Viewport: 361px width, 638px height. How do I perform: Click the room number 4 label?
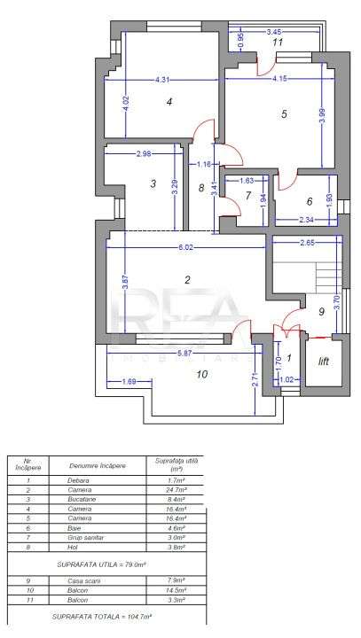click(169, 103)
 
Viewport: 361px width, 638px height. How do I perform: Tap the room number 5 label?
click(284, 114)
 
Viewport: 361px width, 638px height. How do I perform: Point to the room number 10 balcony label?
click(201, 375)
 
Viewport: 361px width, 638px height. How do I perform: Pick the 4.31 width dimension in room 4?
click(161, 81)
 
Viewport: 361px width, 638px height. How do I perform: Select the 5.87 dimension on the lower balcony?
click(184, 354)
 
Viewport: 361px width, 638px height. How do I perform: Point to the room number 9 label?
click(322, 312)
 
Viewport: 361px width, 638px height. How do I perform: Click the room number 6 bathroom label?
click(310, 201)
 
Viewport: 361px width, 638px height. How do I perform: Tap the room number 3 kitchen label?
click(153, 184)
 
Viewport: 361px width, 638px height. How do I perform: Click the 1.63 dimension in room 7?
click(247, 181)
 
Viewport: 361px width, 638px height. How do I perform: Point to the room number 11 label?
click(278, 42)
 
